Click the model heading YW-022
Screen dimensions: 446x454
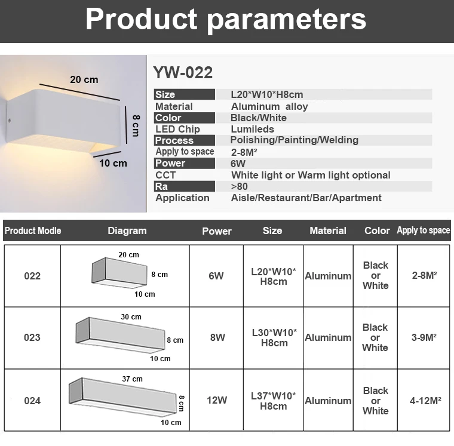[x=183, y=73]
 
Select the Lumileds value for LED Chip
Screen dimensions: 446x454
[x=252, y=129]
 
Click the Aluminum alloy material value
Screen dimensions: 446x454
[x=269, y=106]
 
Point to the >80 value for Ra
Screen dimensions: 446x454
[x=239, y=186]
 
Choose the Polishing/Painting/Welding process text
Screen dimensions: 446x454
[x=294, y=140]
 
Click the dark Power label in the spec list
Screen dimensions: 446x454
[x=170, y=163]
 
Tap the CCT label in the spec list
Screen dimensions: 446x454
[x=165, y=175]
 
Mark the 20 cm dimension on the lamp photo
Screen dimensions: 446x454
[x=84, y=79]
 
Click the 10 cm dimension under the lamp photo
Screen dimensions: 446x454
[x=113, y=163]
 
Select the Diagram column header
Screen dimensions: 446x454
[x=127, y=230]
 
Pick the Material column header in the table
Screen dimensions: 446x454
[x=328, y=230]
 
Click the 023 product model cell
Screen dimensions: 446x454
[x=32, y=337]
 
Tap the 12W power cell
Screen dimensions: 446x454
[x=217, y=401]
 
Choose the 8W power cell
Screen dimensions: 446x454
[x=217, y=337]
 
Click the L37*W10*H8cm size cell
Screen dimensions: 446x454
[x=274, y=401]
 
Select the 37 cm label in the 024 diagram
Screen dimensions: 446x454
[x=133, y=379]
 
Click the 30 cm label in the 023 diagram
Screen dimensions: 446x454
[x=131, y=317]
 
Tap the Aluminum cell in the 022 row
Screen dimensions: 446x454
[x=328, y=276]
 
